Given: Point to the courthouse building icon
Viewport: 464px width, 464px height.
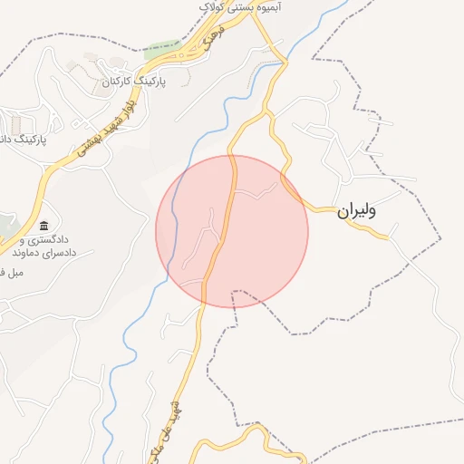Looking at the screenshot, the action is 43,226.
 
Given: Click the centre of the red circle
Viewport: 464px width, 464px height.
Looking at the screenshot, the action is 232,231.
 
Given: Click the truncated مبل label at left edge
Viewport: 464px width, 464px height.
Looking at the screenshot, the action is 11,272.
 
